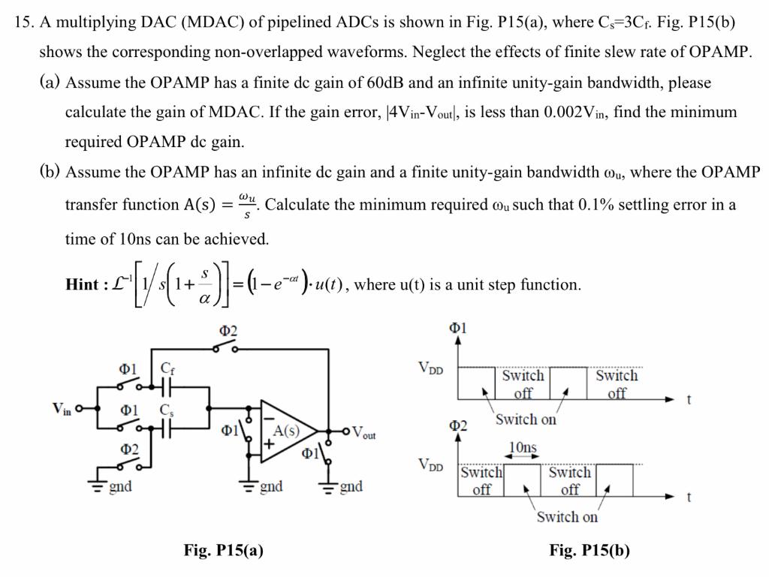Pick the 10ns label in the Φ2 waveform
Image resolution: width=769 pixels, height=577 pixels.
[523, 449]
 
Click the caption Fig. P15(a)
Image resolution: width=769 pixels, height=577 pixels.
[224, 551]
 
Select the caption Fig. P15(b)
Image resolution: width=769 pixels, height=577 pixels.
[590, 551]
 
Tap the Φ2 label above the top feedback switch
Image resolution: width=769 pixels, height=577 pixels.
[228, 331]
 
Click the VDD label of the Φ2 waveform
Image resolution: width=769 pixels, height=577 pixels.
[433, 464]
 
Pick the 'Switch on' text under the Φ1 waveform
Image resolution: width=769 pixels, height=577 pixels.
[526, 419]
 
